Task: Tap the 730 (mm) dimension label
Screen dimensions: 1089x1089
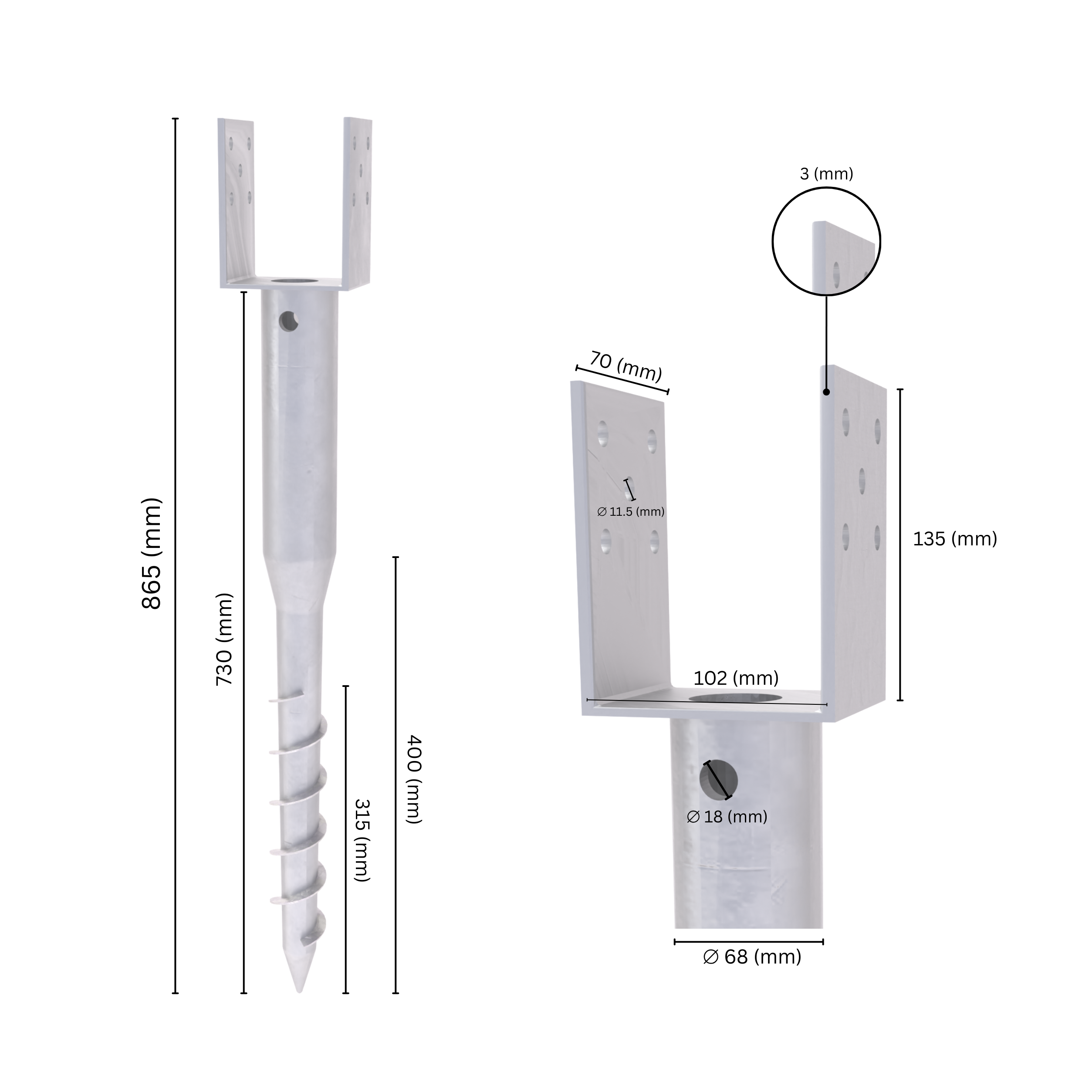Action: click(224, 639)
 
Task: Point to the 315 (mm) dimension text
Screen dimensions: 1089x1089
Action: click(361, 839)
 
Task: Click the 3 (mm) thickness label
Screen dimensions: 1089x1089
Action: click(826, 174)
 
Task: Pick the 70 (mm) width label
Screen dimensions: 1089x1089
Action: click(626, 366)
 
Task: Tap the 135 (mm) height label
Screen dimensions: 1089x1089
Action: click(955, 539)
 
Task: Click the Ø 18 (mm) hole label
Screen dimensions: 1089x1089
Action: click(727, 817)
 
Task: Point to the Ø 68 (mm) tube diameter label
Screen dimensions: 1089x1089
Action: click(752, 957)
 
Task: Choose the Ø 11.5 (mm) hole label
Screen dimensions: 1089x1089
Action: click(631, 512)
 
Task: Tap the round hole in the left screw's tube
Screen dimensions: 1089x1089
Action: click(289, 321)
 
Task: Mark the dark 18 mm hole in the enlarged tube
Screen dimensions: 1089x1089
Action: click(719, 780)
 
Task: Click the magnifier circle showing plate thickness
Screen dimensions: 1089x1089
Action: click(826, 241)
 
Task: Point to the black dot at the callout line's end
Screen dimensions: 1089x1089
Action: click(826, 392)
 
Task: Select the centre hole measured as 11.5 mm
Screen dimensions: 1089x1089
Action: click(629, 488)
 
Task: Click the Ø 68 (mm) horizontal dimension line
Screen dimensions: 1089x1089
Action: click(748, 941)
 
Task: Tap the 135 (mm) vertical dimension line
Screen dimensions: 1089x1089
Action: click(900, 544)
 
